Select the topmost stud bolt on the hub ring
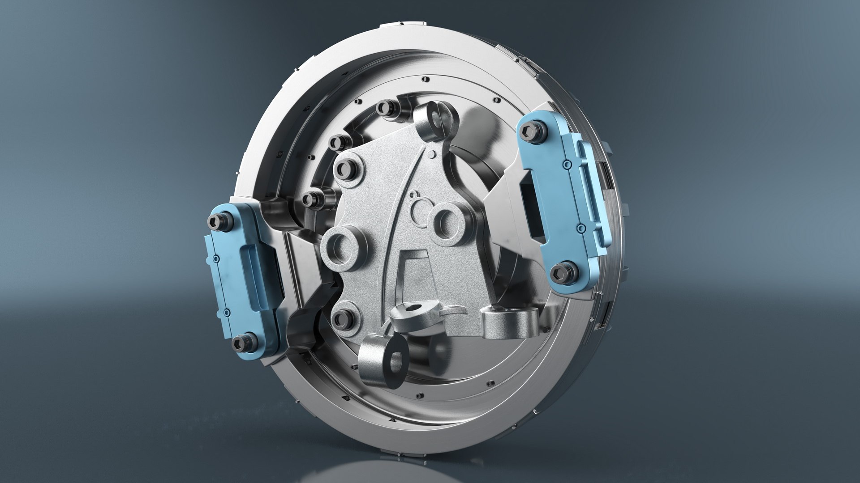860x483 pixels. click(x=386, y=109)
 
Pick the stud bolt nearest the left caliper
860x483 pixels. click(x=313, y=199)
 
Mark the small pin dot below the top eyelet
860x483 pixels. click(x=431, y=154)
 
